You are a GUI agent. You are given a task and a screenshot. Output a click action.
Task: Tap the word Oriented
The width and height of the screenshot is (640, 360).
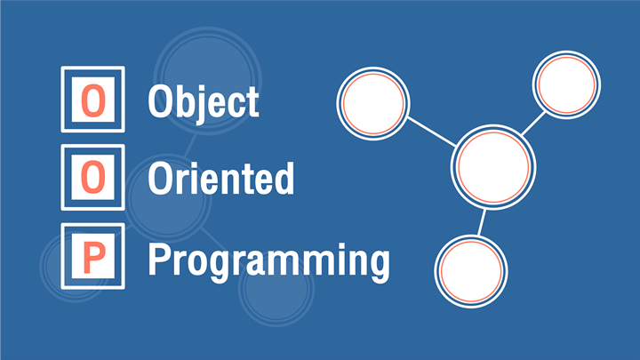pyautogui.click(x=220, y=179)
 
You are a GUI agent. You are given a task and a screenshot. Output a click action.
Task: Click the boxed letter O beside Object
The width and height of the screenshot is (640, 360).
pyautogui.click(x=92, y=100)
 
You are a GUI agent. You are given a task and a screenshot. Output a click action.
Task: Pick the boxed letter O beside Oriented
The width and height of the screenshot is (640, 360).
pyautogui.click(x=92, y=178)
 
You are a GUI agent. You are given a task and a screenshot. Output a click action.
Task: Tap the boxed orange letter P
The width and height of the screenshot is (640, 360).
pyautogui.click(x=92, y=256)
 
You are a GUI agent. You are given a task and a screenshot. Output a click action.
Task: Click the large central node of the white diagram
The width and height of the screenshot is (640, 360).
pyautogui.click(x=495, y=165)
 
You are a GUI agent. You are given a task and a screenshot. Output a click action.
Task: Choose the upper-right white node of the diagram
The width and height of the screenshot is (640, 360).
pyautogui.click(x=567, y=85)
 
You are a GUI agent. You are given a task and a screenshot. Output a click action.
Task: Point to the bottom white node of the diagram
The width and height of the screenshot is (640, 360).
pyautogui.click(x=470, y=272)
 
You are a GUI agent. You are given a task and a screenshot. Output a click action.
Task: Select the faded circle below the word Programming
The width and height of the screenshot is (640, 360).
pyautogui.click(x=275, y=298)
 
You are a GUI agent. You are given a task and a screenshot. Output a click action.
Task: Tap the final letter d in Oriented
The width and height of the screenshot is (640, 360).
pyautogui.click(x=284, y=179)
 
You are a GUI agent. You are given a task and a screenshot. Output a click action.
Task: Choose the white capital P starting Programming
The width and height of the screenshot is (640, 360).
pyautogui.click(x=157, y=260)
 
